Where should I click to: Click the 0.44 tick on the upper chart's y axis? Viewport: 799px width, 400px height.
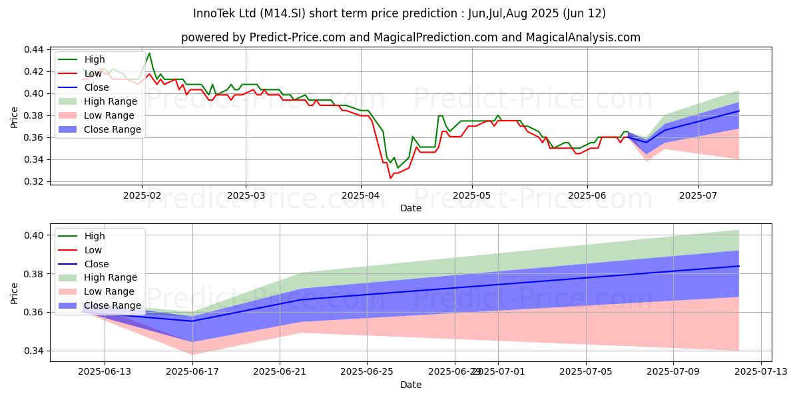[34, 50]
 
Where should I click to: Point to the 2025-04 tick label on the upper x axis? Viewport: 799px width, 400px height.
[360, 195]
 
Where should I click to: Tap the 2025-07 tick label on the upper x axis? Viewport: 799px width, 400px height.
[698, 195]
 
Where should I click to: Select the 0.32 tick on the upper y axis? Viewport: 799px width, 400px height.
[34, 181]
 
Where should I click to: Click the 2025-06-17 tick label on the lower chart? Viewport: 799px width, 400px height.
[192, 371]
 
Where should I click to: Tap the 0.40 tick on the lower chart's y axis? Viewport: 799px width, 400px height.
[34, 235]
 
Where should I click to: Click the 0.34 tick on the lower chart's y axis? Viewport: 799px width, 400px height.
[34, 351]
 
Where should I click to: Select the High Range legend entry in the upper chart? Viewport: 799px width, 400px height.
[111, 101]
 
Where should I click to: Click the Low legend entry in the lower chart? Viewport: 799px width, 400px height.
[93, 250]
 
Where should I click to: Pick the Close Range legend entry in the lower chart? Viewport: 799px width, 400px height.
[112, 305]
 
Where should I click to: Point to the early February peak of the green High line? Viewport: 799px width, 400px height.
[149, 53]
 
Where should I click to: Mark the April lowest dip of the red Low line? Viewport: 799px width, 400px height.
[390, 178]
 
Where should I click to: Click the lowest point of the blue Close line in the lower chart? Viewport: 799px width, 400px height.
[192, 321]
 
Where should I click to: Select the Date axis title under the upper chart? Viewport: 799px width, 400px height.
[410, 208]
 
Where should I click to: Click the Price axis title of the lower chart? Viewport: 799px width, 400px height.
[15, 293]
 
